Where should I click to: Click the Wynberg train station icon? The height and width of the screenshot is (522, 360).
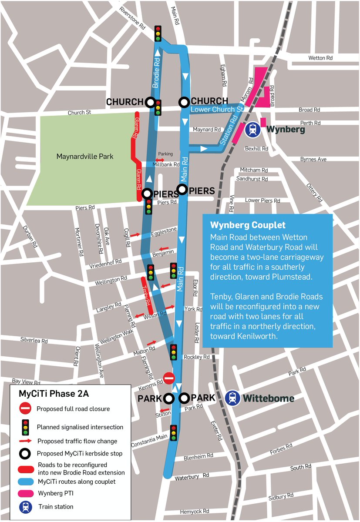[x=253, y=130]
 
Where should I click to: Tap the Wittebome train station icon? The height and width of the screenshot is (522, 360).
[x=233, y=398]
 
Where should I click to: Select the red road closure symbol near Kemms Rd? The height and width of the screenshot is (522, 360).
[x=169, y=378]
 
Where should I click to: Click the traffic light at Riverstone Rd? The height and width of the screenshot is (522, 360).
[x=158, y=33]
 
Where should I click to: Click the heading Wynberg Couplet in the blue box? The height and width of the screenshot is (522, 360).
[x=248, y=225]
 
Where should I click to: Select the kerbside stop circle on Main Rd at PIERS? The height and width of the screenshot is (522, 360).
[x=182, y=189]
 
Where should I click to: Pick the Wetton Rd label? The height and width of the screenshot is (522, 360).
[x=320, y=58]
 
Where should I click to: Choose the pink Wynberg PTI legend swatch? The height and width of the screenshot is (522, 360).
[x=26, y=494]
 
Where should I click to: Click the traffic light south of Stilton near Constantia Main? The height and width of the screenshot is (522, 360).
[x=174, y=433]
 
